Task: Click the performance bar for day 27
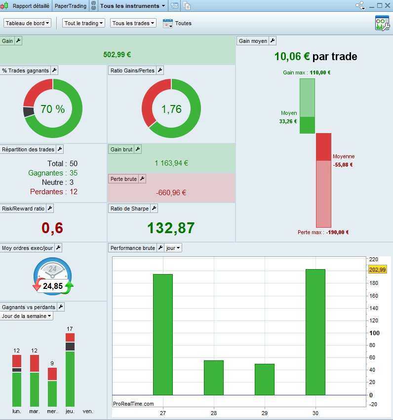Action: (x=163, y=335)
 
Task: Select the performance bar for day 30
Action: (x=315, y=332)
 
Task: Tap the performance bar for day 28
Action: (x=214, y=378)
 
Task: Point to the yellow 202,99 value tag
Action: (x=377, y=270)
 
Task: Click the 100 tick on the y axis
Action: (x=375, y=333)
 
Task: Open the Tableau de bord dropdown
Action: (x=27, y=23)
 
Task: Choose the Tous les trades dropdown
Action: (x=133, y=23)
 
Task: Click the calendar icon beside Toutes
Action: (x=168, y=23)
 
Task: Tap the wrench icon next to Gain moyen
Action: (x=273, y=41)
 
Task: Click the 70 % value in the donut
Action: (x=52, y=109)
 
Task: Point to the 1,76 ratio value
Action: (x=171, y=109)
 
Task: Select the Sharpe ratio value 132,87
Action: (x=171, y=228)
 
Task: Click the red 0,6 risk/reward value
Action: (x=52, y=228)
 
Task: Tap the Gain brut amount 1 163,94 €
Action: (x=171, y=163)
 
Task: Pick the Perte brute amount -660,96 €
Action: (x=171, y=193)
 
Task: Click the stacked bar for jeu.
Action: (x=70, y=370)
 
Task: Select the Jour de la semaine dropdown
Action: (x=26, y=316)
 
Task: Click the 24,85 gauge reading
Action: (x=53, y=286)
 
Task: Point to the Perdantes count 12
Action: (x=74, y=192)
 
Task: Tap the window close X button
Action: (x=388, y=5)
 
